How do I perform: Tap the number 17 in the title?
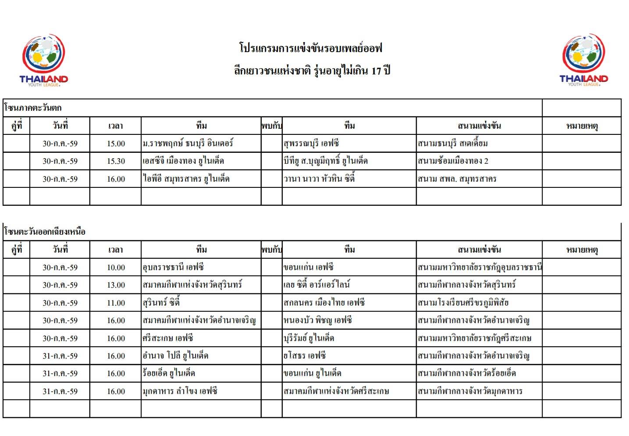pyautogui.click(x=376, y=70)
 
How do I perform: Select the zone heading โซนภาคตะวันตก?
pyautogui.click(x=33, y=108)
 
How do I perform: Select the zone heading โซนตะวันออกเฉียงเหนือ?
pyautogui.click(x=44, y=232)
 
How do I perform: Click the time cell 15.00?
pyautogui.click(x=116, y=144)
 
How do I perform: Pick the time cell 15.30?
pyautogui.click(x=116, y=161)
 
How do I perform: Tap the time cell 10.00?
pyautogui.click(x=116, y=267)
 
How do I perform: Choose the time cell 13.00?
pyautogui.click(x=116, y=285)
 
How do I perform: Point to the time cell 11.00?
pyautogui.click(x=116, y=303)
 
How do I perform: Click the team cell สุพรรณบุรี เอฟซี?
pyautogui.click(x=311, y=144)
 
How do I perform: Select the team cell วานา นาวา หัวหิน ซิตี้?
pyautogui.click(x=319, y=179)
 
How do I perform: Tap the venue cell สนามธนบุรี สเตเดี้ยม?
pyautogui.click(x=453, y=144)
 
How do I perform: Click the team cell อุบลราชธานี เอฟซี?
pyautogui.click(x=173, y=267)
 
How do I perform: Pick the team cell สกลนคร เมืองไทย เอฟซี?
pyautogui.click(x=324, y=303)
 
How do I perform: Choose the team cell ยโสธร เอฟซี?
pyautogui.click(x=305, y=356)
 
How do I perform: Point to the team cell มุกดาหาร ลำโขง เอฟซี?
pyautogui.click(x=180, y=391)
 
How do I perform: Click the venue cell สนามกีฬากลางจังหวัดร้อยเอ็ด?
pyautogui.click(x=467, y=373)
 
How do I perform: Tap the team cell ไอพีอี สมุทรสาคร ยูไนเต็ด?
pyautogui.click(x=186, y=179)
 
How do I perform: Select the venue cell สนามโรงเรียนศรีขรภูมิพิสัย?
pyautogui.click(x=463, y=303)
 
